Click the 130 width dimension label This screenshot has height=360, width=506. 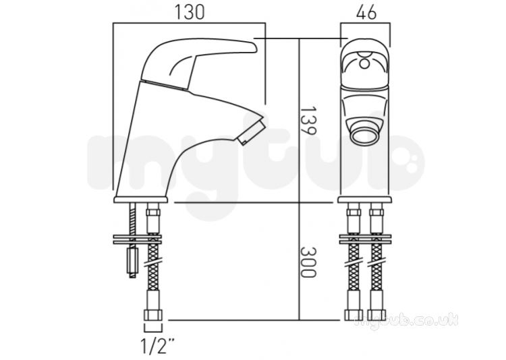190,12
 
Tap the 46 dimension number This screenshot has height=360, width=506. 366,12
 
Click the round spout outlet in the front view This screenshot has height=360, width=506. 365,137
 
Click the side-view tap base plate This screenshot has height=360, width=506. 141,200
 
